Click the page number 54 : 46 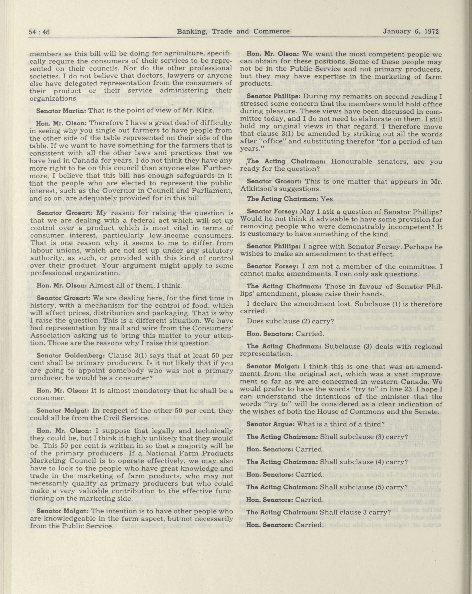point(39,32)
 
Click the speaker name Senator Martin point(61,110)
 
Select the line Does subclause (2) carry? point(290,321)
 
